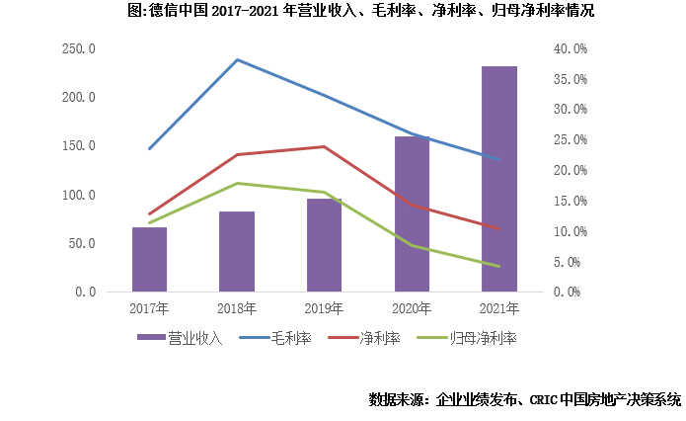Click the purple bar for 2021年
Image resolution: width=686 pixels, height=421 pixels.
pyautogui.click(x=498, y=179)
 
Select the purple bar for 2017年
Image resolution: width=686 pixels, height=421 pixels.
pyautogui.click(x=149, y=260)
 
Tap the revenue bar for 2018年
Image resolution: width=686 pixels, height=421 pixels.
pyautogui.click(x=237, y=252)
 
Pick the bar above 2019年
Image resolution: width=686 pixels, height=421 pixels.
pyautogui.click(x=324, y=245)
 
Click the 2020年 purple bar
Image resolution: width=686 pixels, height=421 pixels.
pyautogui.click(x=412, y=214)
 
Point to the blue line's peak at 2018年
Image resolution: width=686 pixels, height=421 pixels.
pyautogui.click(x=237, y=59)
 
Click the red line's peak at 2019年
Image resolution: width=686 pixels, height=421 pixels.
pyautogui.click(x=324, y=146)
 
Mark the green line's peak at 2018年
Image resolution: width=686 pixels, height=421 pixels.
pyautogui.click(x=237, y=183)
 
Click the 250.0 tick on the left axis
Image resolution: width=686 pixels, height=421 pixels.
pyautogui.click(x=78, y=48)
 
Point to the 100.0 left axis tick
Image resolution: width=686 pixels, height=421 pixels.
pyautogui.click(x=78, y=195)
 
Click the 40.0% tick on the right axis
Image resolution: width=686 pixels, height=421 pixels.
pyautogui.click(x=571, y=48)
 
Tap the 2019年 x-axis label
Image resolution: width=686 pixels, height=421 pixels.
pyautogui.click(x=324, y=308)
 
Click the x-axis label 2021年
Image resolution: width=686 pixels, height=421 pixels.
pyautogui.click(x=498, y=308)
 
